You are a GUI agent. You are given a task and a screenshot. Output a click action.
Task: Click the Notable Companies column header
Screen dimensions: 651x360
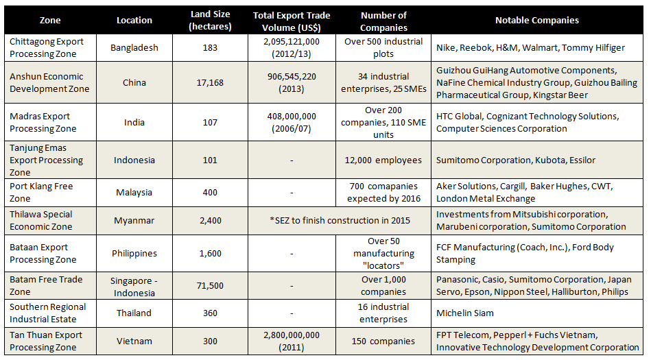(x=537, y=21)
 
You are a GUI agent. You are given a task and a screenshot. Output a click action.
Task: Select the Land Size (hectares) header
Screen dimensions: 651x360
(x=210, y=21)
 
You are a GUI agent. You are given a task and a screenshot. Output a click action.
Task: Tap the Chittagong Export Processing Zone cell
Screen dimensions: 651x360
(x=47, y=48)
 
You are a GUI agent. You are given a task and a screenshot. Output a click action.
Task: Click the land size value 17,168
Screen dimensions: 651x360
(x=210, y=83)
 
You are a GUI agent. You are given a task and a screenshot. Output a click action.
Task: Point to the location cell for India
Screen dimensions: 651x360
(x=134, y=123)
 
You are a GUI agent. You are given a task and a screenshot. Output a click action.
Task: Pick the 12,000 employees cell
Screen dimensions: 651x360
(x=383, y=160)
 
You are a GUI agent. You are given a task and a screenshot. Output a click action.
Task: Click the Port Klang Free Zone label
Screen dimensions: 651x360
(x=41, y=193)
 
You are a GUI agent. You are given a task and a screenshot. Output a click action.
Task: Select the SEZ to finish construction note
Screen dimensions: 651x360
(x=340, y=221)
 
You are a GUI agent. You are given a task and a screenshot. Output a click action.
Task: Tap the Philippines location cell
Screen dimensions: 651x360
(x=134, y=253)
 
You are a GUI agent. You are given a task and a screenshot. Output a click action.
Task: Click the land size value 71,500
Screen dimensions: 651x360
(x=210, y=286)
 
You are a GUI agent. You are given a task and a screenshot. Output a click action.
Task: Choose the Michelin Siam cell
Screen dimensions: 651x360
(x=465, y=313)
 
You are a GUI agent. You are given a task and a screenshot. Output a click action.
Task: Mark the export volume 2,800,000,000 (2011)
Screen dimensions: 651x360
(x=292, y=341)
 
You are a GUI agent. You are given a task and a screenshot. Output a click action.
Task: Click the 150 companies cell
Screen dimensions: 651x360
(x=383, y=341)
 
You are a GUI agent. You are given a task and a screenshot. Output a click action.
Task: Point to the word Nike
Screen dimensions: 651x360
(x=445, y=48)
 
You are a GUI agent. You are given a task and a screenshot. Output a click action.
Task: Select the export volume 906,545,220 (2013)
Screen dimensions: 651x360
(x=292, y=83)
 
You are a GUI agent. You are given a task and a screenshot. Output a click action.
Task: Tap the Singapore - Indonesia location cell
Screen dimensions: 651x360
(x=134, y=287)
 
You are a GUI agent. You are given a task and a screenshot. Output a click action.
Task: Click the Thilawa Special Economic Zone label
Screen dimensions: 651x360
(x=41, y=221)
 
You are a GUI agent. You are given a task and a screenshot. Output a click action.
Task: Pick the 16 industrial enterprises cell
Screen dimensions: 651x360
(x=383, y=313)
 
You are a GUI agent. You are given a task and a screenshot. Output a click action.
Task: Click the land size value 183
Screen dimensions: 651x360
(x=210, y=48)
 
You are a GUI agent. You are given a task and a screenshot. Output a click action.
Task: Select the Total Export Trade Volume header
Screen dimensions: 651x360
(x=292, y=21)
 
